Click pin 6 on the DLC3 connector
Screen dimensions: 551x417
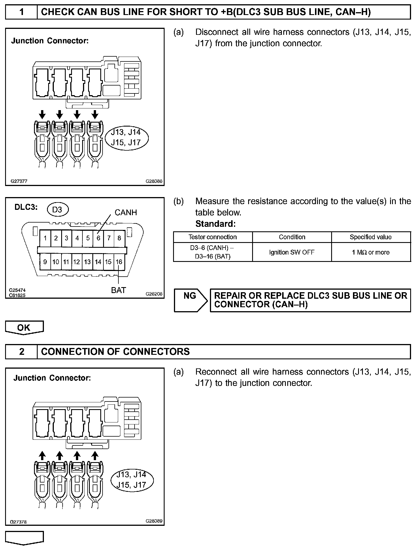[98, 238]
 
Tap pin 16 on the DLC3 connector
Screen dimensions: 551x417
[119, 262]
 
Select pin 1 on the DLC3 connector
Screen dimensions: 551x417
[45, 238]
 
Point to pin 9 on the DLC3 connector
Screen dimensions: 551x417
[45, 262]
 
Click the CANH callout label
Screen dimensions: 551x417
[125, 212]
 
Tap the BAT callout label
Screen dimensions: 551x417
[118, 290]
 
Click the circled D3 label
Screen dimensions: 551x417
[57, 210]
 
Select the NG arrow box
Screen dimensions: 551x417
[190, 300]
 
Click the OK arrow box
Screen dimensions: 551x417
[24, 328]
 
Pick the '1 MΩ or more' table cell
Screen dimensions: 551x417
[371, 252]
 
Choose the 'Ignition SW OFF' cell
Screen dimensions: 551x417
[292, 252]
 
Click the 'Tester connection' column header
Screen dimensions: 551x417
[212, 237]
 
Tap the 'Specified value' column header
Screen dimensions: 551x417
[371, 237]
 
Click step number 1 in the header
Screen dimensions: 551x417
[22, 12]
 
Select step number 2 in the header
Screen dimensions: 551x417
[22, 351]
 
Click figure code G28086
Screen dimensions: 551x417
[154, 181]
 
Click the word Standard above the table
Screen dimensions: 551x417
[215, 224]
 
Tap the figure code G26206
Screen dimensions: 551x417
[154, 294]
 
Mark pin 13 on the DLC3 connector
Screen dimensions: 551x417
[87, 262]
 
